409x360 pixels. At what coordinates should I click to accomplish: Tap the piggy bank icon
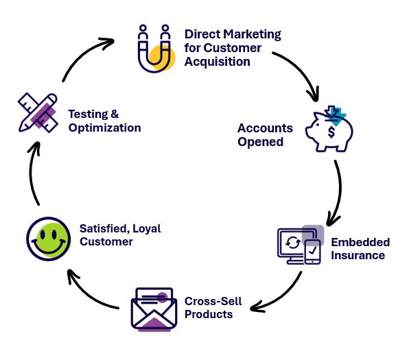pos(329,130)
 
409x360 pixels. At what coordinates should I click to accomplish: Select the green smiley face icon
pos(48,239)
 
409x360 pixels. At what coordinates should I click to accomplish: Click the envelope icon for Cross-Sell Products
pos(154,309)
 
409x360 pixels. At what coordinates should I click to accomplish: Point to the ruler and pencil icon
pos(38,111)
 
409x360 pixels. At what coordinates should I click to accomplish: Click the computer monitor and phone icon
pos(300,245)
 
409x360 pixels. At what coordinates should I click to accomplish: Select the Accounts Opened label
pos(265,135)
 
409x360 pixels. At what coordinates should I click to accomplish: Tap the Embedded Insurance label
pos(360,249)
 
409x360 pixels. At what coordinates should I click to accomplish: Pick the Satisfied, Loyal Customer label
pos(119,235)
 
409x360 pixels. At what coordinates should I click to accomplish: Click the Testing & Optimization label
pos(104,121)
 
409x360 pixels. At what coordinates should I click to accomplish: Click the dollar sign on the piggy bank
pos(333,131)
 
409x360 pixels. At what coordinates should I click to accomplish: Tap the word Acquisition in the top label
pos(217,61)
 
